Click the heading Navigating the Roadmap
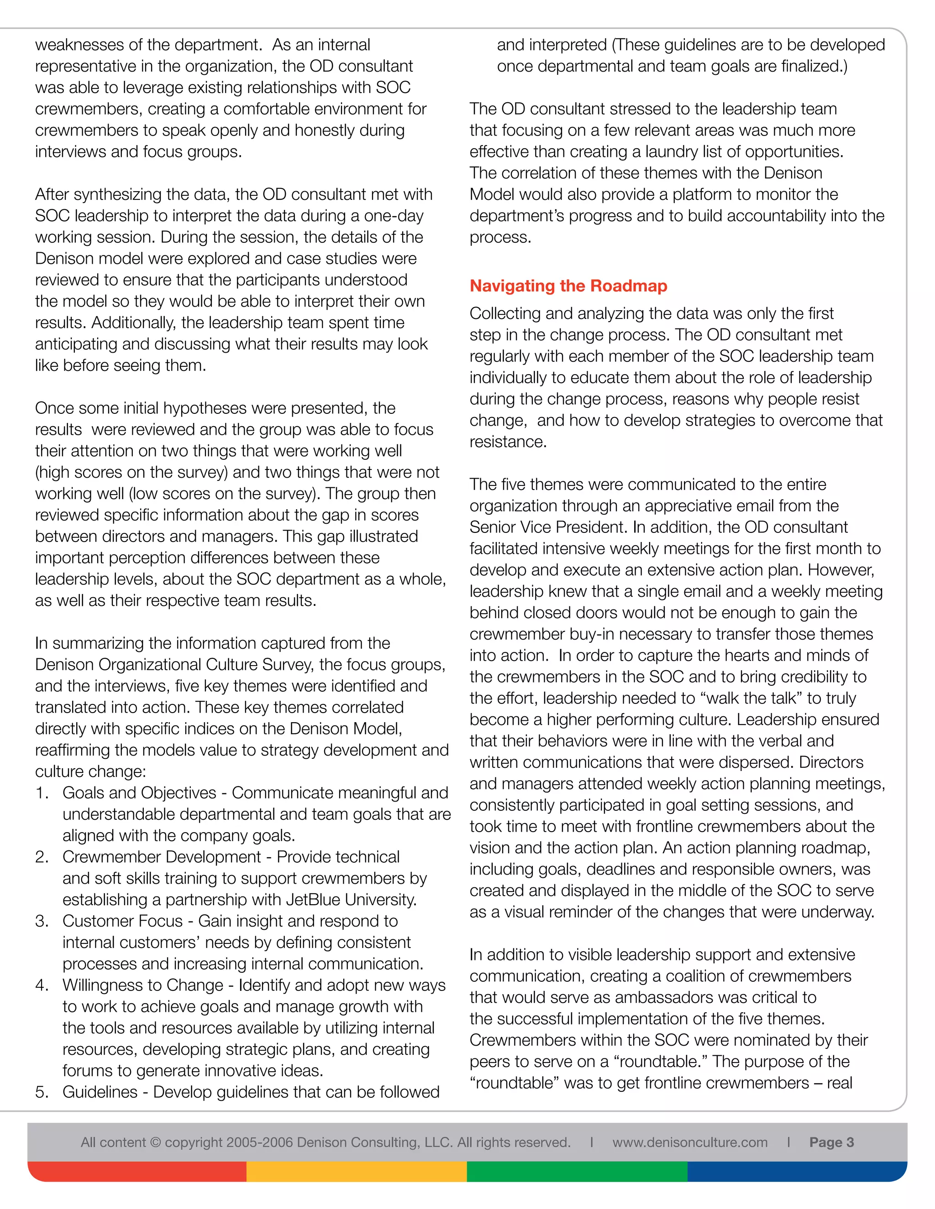(x=568, y=286)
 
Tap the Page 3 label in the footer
(x=831, y=1142)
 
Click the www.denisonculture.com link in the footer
(x=690, y=1142)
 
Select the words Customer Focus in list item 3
(x=122, y=921)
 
